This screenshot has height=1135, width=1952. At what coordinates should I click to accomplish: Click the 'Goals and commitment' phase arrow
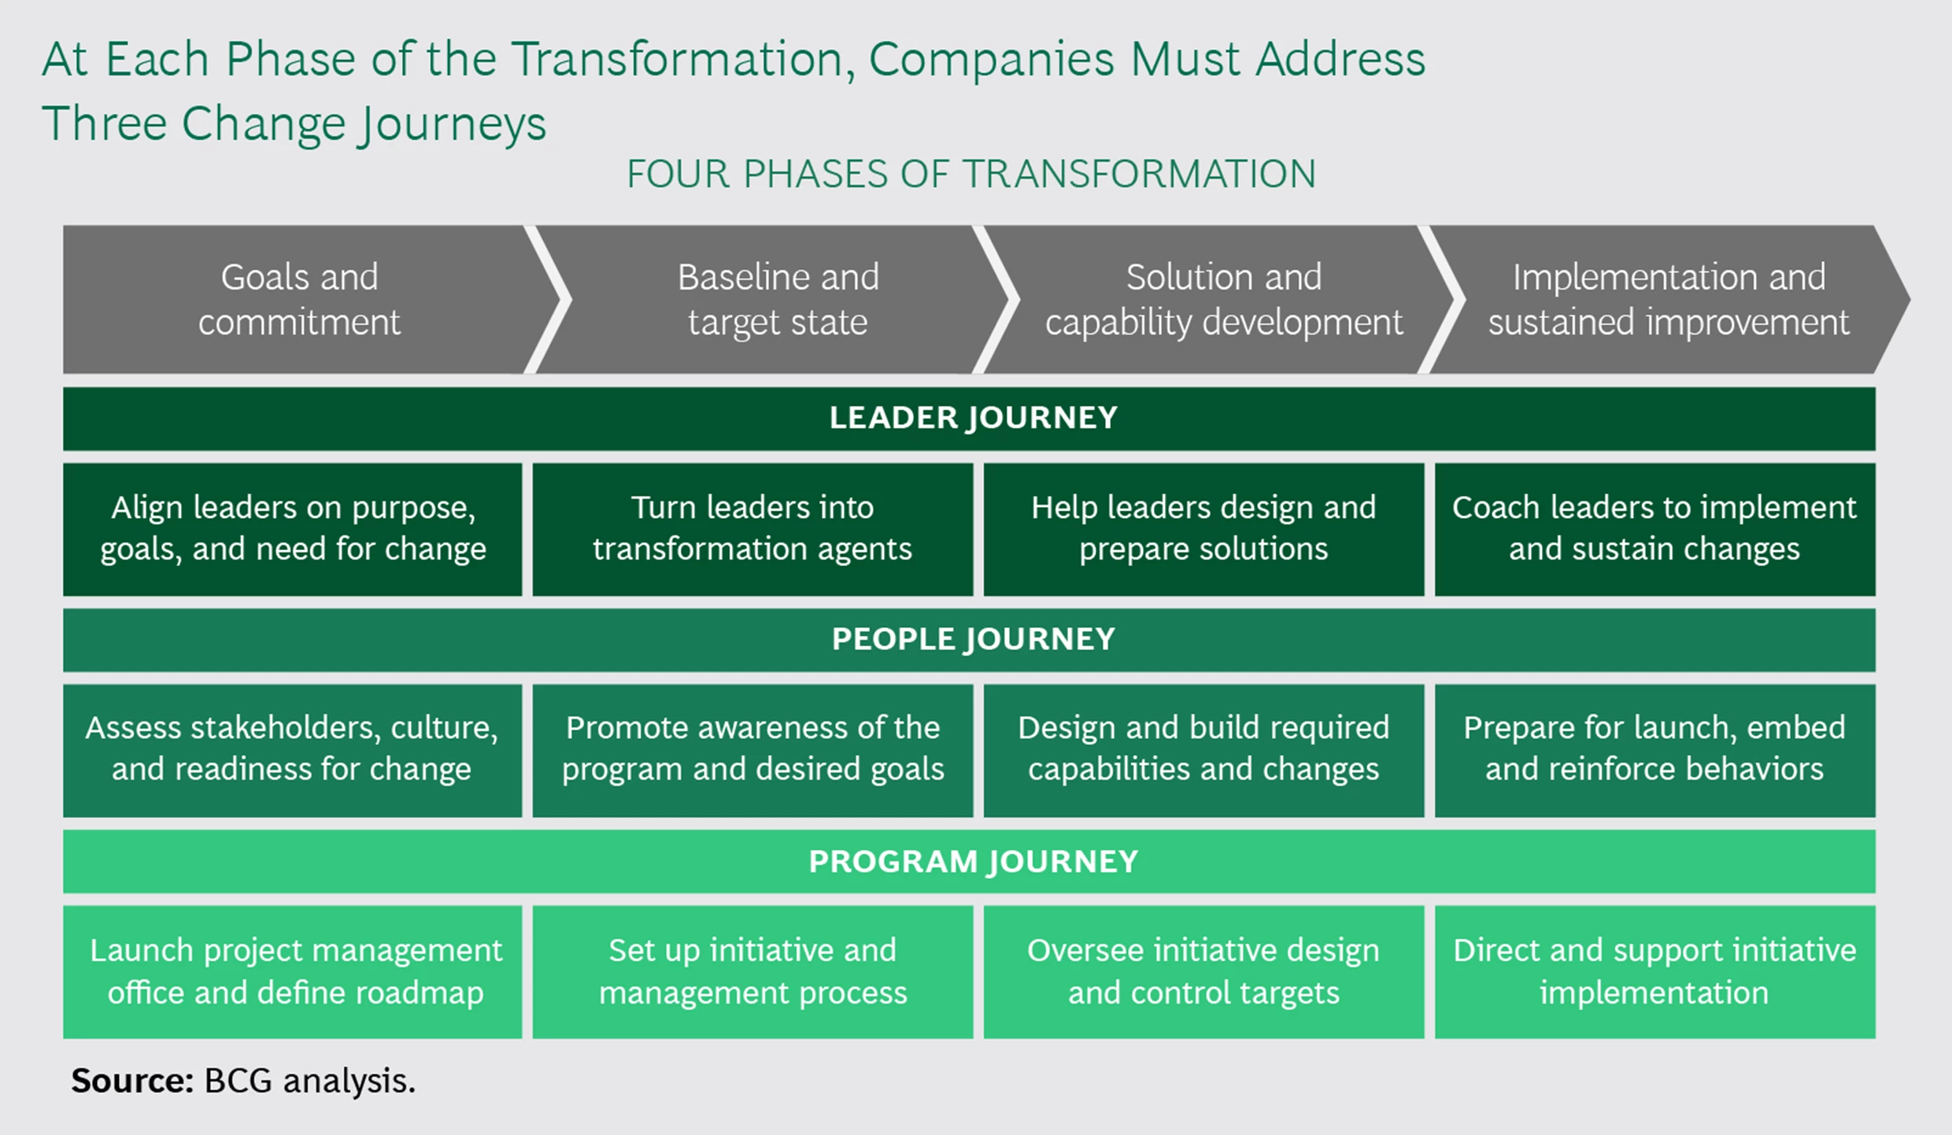(299, 300)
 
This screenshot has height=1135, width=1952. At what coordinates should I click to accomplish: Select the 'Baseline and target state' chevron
(778, 300)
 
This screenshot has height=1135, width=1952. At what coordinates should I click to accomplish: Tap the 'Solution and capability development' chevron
(1223, 300)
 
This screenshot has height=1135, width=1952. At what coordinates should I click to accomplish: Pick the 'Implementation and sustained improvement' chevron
(1669, 300)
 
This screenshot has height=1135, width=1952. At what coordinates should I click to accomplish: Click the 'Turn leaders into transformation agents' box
(752, 529)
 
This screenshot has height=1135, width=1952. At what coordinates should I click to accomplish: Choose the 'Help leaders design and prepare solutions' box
(1203, 529)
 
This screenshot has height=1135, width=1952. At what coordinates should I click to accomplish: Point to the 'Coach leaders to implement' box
(1654, 529)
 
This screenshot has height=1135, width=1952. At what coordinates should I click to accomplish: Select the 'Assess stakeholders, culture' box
(292, 749)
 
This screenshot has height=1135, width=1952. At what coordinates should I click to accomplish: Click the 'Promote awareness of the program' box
(752, 749)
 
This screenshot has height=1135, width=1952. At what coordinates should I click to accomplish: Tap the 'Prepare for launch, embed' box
(1654, 749)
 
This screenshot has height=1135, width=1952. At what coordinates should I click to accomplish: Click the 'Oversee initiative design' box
(1203, 971)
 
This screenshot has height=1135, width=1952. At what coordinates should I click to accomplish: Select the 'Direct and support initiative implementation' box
(1654, 971)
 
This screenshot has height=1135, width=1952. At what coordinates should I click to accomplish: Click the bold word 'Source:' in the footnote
(132, 1081)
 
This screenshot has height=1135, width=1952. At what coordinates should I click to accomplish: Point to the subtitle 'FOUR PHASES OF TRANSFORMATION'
(971, 174)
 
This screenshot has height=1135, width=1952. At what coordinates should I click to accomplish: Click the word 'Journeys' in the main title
(452, 124)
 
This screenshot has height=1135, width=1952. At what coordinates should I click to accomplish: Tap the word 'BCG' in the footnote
(238, 1081)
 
